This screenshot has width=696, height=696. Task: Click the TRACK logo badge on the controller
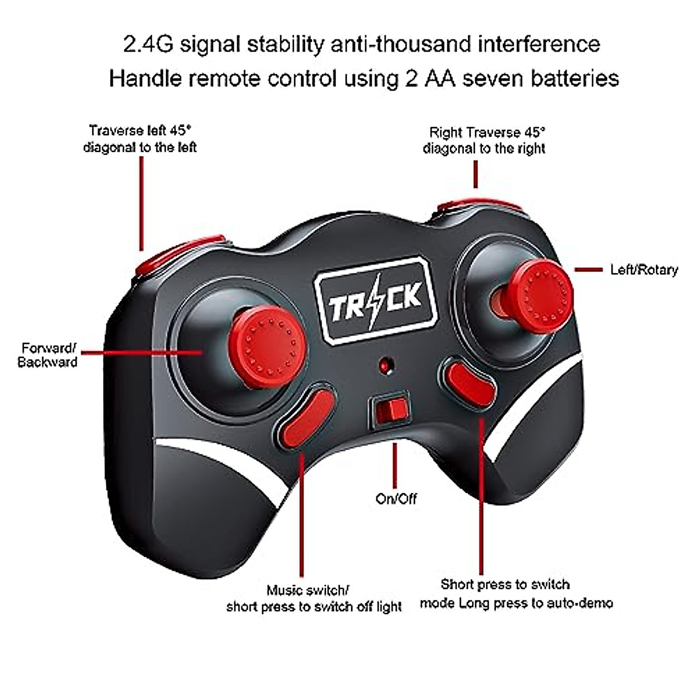tap(376, 300)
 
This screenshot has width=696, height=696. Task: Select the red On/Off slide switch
tap(389, 410)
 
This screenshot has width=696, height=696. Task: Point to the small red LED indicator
tap(385, 365)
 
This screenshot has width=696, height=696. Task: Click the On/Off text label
tap(396, 499)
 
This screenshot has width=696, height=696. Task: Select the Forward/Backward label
tap(48, 355)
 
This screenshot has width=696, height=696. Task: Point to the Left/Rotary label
tap(644, 270)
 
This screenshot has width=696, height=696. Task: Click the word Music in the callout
tap(285, 590)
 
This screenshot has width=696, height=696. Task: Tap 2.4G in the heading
tap(148, 45)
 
